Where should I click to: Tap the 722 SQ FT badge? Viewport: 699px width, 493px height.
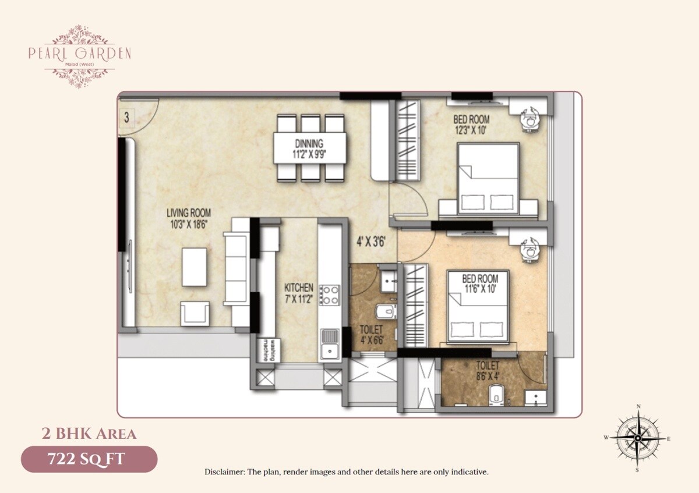tap(89, 459)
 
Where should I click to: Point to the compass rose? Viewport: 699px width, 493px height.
tap(638, 437)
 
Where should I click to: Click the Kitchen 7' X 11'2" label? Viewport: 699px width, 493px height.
tap(299, 293)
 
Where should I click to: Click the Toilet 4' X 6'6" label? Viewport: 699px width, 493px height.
tap(371, 334)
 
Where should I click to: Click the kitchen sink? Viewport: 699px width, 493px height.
tap(330, 350)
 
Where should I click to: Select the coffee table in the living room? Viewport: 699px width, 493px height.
tap(194, 267)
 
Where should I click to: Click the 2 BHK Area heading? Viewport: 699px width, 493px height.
tap(89, 434)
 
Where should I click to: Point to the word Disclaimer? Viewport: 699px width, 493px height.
tap(224, 472)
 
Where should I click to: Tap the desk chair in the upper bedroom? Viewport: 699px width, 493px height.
tap(529, 115)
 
